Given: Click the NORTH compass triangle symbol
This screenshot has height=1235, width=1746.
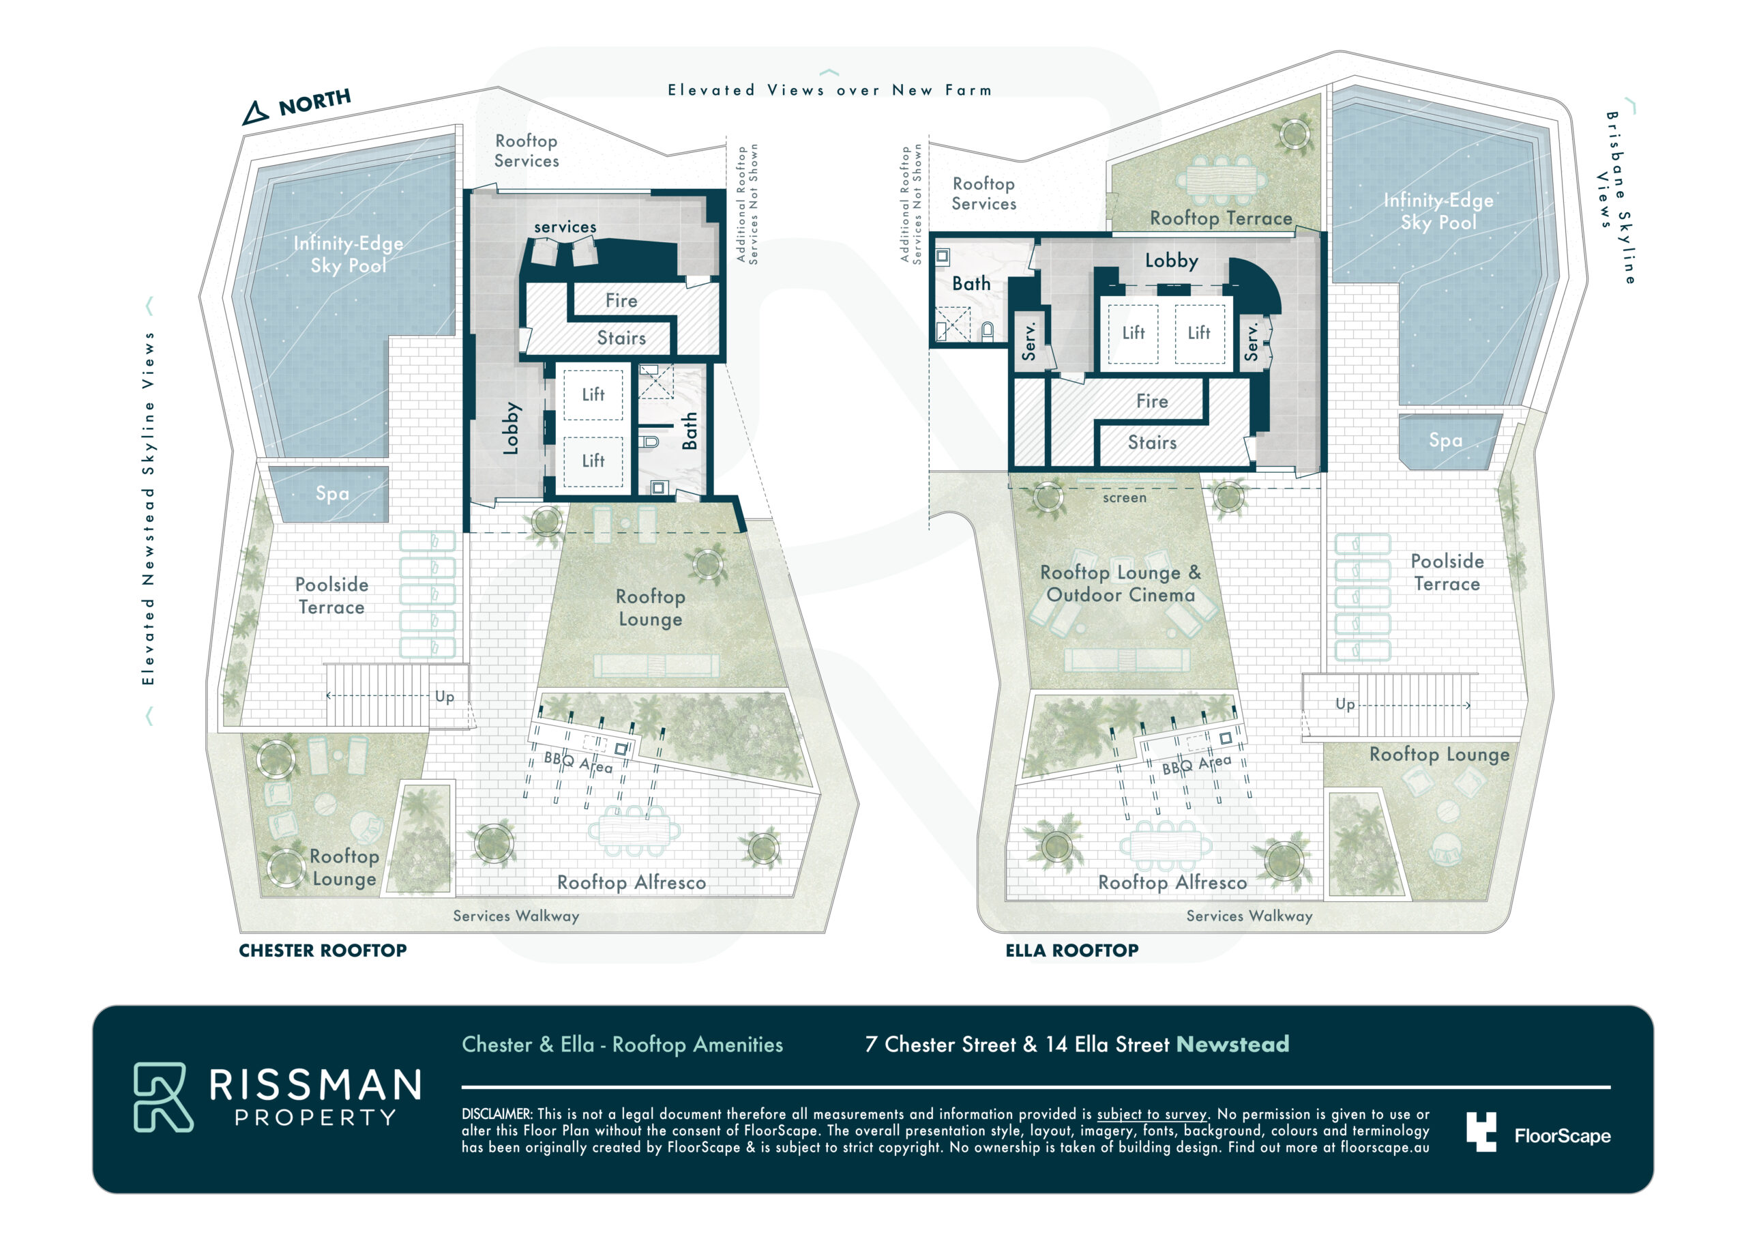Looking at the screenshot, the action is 256,113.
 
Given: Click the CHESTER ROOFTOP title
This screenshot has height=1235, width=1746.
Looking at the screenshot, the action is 323,950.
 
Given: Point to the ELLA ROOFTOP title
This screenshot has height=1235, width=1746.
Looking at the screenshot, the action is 1071,950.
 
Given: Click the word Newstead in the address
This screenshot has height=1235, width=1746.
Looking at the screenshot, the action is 1232,1044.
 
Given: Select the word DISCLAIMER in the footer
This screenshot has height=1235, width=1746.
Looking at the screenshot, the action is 496,1114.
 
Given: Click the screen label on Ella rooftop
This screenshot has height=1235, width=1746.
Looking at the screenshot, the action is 1124,497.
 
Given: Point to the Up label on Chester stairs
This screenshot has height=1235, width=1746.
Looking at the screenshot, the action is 445,696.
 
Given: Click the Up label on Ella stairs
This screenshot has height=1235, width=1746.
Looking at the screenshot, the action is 1344,705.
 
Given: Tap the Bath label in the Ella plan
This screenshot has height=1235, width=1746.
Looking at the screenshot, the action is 971,283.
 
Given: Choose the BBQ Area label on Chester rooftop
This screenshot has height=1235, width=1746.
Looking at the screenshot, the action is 578,762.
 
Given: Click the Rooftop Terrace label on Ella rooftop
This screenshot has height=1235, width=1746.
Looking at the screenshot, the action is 1221,218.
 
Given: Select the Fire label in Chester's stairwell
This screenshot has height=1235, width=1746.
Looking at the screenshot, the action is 621,301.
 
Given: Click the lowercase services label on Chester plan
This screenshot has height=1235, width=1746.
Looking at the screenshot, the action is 565,227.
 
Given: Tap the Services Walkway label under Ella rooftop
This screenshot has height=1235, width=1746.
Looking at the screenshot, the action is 1249,916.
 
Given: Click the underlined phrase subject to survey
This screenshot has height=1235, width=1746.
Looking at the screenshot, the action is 1151,1115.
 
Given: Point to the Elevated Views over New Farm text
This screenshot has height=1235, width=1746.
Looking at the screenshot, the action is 829,91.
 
